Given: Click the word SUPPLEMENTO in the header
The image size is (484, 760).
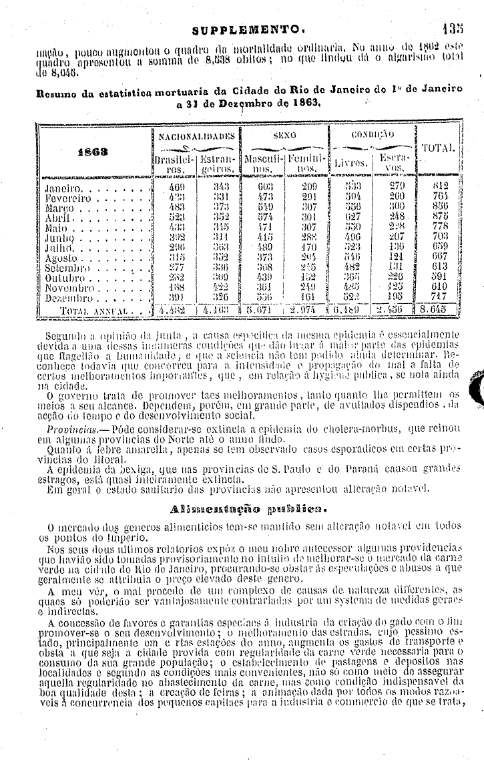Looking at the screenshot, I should pyautogui.click(x=248, y=30).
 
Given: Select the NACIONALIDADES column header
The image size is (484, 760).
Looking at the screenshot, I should pyautogui.click(x=196, y=136).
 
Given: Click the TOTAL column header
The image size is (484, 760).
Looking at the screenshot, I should pyautogui.click(x=437, y=148).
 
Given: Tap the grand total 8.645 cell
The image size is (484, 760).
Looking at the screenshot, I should pyautogui.click(x=437, y=309).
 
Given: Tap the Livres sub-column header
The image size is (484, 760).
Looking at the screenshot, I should pyautogui.click(x=350, y=162).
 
